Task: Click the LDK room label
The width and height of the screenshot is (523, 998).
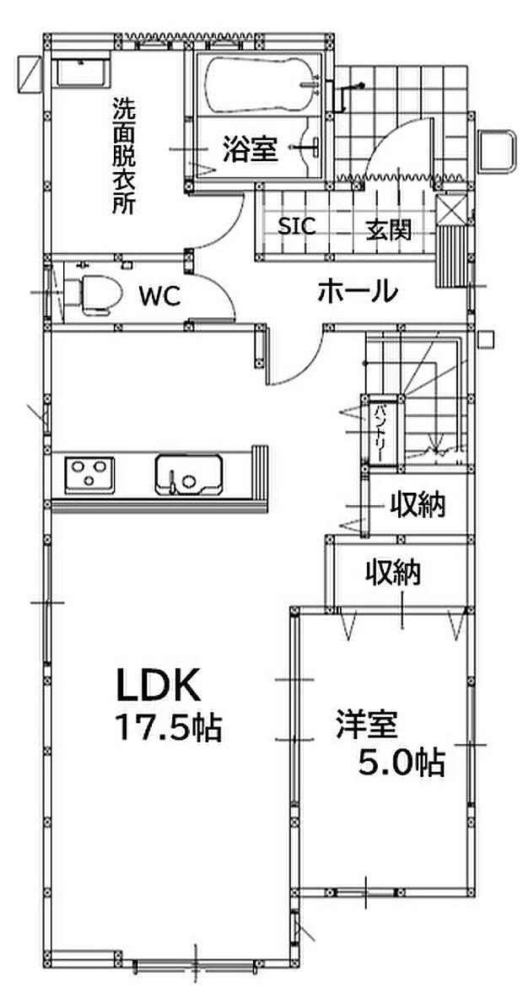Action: pos(158,685)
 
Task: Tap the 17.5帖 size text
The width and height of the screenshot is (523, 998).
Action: pos(167,727)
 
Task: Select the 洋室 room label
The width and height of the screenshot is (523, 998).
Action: pos(367,726)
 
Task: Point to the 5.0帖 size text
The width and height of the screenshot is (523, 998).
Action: pos(401,762)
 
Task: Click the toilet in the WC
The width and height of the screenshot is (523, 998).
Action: pos(94,294)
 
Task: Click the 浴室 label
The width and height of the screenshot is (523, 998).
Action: pos(250,149)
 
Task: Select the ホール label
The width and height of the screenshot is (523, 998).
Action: pos(359,292)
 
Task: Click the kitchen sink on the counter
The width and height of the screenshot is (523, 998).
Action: pos(188,474)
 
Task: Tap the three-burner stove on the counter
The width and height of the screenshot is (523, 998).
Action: pos(89,474)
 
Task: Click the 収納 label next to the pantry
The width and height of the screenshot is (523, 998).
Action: pos(418,504)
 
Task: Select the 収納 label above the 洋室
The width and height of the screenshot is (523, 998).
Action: pos(392,572)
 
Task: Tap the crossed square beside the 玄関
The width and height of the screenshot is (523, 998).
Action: pos(451,210)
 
